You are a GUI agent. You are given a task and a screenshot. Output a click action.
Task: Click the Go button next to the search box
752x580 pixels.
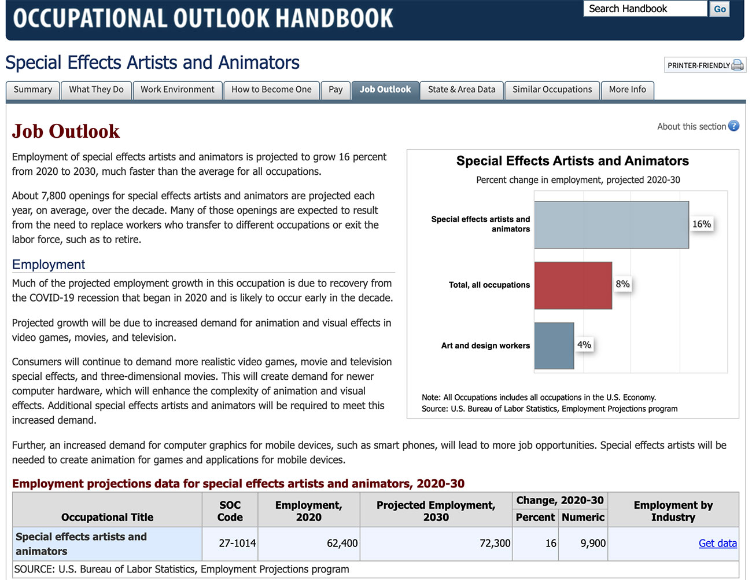click(x=720, y=9)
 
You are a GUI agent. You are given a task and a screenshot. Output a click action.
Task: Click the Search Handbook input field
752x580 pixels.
click(x=644, y=9)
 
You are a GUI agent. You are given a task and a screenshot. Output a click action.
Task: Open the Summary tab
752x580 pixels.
click(x=33, y=90)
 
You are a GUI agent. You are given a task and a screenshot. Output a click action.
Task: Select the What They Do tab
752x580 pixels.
click(x=96, y=90)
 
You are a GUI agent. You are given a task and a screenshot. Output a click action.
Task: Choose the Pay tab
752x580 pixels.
click(x=336, y=90)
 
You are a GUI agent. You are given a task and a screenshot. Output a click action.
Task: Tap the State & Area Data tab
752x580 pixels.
click(x=462, y=90)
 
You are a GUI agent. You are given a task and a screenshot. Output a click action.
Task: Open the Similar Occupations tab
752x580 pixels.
click(x=552, y=90)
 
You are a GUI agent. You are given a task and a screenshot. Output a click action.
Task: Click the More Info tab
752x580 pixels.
click(x=627, y=90)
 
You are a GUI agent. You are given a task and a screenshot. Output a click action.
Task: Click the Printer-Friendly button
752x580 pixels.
click(x=705, y=65)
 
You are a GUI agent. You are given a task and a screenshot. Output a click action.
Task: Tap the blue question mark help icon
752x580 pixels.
click(x=733, y=126)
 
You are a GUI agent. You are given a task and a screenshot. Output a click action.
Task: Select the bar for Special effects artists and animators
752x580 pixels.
click(x=611, y=225)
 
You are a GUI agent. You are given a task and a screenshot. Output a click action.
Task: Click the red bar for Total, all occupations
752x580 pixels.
click(x=573, y=285)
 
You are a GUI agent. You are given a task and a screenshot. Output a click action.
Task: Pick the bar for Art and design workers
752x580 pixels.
click(x=554, y=346)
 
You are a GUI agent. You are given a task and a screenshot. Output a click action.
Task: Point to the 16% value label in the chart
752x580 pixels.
click(x=702, y=224)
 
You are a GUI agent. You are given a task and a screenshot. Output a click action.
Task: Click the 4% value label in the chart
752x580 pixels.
click(x=584, y=345)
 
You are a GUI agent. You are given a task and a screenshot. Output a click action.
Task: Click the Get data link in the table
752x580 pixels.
click(x=717, y=543)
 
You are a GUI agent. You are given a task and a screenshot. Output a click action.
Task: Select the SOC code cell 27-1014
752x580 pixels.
click(x=237, y=543)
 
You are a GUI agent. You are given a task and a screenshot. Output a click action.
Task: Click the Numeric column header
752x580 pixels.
click(x=583, y=517)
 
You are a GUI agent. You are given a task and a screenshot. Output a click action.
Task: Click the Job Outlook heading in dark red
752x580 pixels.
click(x=66, y=131)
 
